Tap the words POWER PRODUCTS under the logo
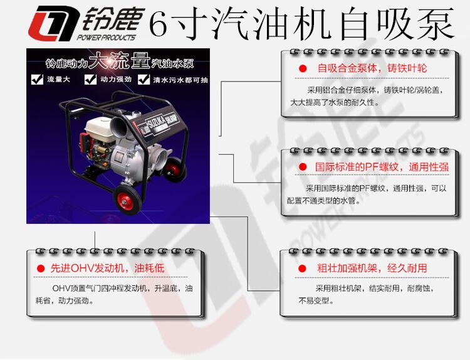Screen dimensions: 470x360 107,38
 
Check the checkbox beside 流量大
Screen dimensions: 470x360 37,79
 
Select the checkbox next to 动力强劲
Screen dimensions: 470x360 90,79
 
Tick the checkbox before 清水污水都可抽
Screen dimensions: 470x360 144,80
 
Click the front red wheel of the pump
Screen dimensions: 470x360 127,199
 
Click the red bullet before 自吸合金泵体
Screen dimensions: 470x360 303,69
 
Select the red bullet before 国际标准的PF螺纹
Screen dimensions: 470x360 303,167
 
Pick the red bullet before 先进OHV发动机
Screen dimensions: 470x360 41,268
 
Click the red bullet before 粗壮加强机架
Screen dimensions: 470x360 302,268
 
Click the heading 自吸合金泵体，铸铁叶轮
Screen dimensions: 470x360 372,68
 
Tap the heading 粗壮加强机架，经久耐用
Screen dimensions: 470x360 372,268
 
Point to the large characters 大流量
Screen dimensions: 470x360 119,60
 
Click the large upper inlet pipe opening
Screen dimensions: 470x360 119,127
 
